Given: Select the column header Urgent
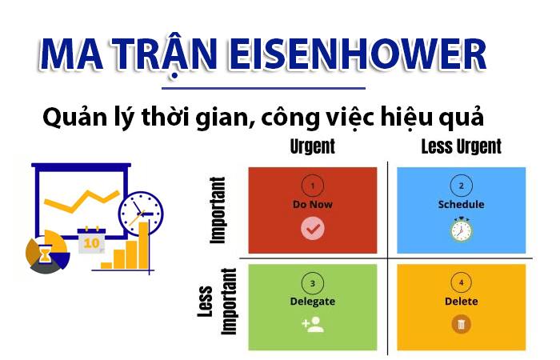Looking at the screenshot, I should point(312,146).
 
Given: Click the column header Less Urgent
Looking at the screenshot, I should point(461,146).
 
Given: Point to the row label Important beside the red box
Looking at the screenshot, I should point(218,210).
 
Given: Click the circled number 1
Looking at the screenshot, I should point(312,186).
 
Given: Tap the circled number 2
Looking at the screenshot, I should point(461,186).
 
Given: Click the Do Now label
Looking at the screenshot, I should point(312,204).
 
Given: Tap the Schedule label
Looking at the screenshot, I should point(461,204).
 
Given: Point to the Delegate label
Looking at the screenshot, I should point(312,302).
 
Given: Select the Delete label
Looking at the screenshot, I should point(461,302).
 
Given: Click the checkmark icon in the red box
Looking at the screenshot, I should point(312,230).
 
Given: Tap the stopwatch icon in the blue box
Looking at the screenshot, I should point(461,230).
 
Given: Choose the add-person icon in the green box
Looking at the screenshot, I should point(312,324).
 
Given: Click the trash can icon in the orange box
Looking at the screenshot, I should point(461,324).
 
